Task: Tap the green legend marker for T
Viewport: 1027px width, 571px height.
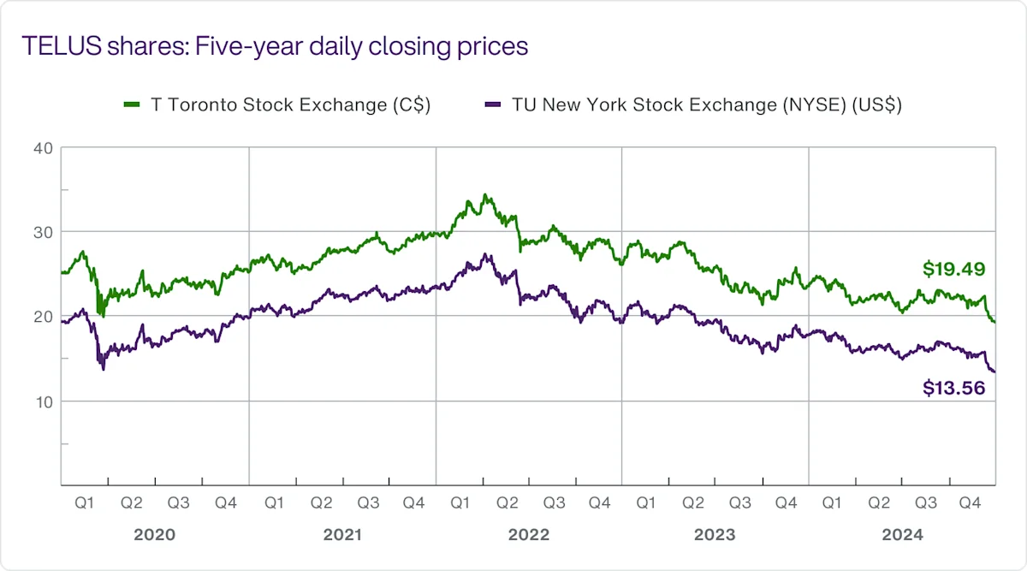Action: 132,105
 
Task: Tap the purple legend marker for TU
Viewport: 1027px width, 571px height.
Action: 492,105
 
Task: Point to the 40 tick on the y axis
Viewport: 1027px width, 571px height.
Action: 44,148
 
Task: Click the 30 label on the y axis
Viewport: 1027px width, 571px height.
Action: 44,232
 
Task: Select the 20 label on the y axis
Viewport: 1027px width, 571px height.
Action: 44,317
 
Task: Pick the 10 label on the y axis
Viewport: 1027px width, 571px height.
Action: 44,401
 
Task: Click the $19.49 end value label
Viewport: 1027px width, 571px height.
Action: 954,270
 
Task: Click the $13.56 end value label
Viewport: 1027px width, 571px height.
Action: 954,388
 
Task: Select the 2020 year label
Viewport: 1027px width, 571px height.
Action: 155,535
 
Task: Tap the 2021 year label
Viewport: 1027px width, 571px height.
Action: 342,535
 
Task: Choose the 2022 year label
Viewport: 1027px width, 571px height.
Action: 529,535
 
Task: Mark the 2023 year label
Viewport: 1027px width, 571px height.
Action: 715,535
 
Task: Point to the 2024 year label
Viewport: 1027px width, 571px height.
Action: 902,535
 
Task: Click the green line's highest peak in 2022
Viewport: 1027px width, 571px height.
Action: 486,195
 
